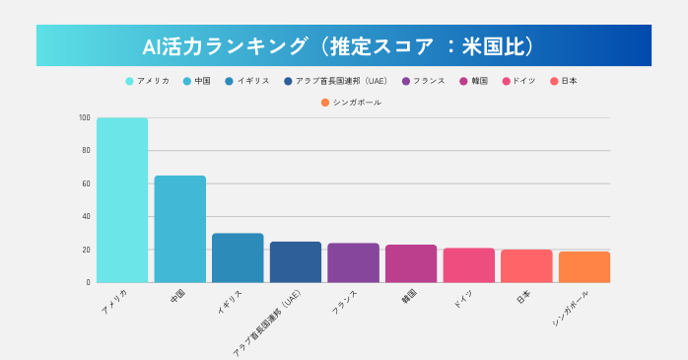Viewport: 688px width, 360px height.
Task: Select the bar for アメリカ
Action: coord(122,200)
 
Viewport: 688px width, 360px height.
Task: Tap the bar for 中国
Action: coord(179,229)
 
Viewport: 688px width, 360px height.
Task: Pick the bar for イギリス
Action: coord(238,257)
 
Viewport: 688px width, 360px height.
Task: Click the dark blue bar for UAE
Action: coord(295,261)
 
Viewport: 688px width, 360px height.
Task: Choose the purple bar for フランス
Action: coord(353,262)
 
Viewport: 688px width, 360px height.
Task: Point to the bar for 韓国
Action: coord(410,263)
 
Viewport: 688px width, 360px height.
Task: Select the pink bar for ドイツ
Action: coord(468,264)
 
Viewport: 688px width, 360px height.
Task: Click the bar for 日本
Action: coord(525,265)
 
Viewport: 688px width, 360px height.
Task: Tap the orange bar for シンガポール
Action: coord(584,266)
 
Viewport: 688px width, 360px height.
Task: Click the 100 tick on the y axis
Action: coord(85,118)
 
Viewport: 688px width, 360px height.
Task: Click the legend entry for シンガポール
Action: coord(351,103)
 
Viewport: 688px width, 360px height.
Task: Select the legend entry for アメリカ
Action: coord(148,81)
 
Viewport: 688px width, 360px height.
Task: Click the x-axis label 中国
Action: coord(177,295)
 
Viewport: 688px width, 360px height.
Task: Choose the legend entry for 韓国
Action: coord(475,81)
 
